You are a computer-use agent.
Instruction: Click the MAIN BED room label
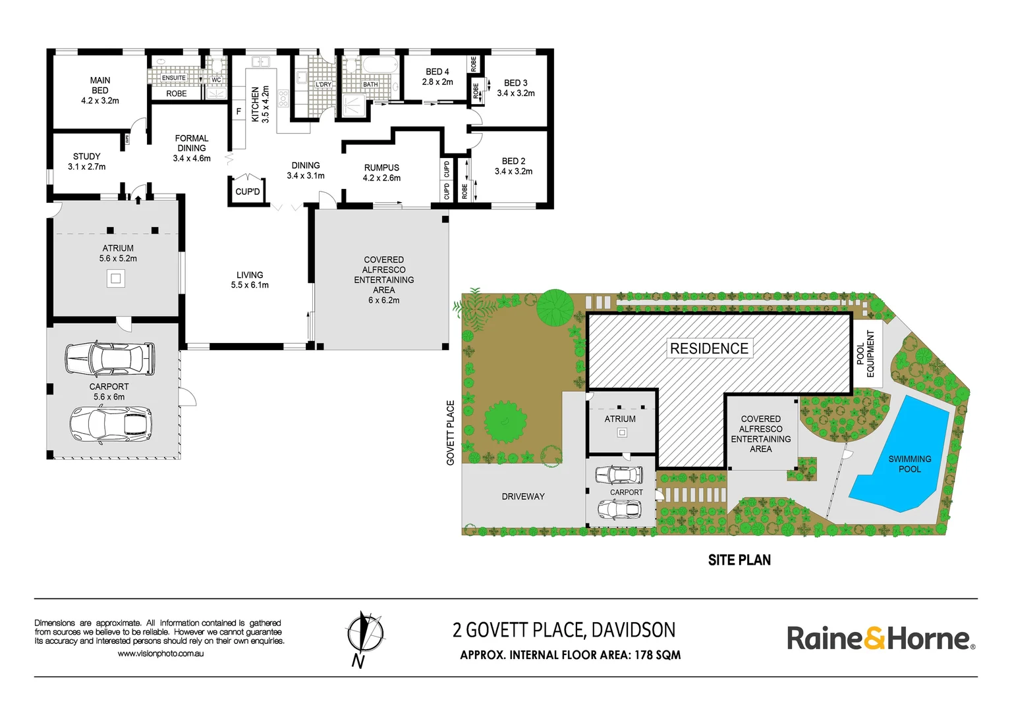pyautogui.click(x=100, y=90)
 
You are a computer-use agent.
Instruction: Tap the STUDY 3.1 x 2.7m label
pyautogui.click(x=86, y=161)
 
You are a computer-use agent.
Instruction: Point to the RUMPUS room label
pyautogui.click(x=381, y=172)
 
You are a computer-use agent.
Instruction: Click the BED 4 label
pyautogui.click(x=437, y=76)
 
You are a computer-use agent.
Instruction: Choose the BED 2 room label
pyautogui.click(x=513, y=166)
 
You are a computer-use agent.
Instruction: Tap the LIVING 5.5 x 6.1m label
pyautogui.click(x=250, y=280)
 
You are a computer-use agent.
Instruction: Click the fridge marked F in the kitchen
pyautogui.click(x=239, y=112)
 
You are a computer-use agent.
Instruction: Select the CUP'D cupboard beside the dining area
pyautogui.click(x=248, y=192)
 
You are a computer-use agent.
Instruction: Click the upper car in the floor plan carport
pyautogui.click(x=110, y=359)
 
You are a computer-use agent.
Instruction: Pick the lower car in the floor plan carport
pyautogui.click(x=111, y=424)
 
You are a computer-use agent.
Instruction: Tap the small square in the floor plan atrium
pyautogui.click(x=116, y=278)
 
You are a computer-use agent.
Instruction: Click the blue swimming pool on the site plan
pyautogui.click(x=900, y=454)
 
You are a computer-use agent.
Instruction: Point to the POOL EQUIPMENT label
pyautogui.click(x=866, y=354)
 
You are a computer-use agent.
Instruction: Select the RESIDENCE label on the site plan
pyautogui.click(x=709, y=348)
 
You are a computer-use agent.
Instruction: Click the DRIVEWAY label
pyautogui.click(x=523, y=496)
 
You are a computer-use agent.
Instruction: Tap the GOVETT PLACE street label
pyautogui.click(x=451, y=433)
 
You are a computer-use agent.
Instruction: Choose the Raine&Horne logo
pyautogui.click(x=881, y=638)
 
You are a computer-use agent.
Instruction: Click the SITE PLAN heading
pyautogui.click(x=739, y=560)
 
